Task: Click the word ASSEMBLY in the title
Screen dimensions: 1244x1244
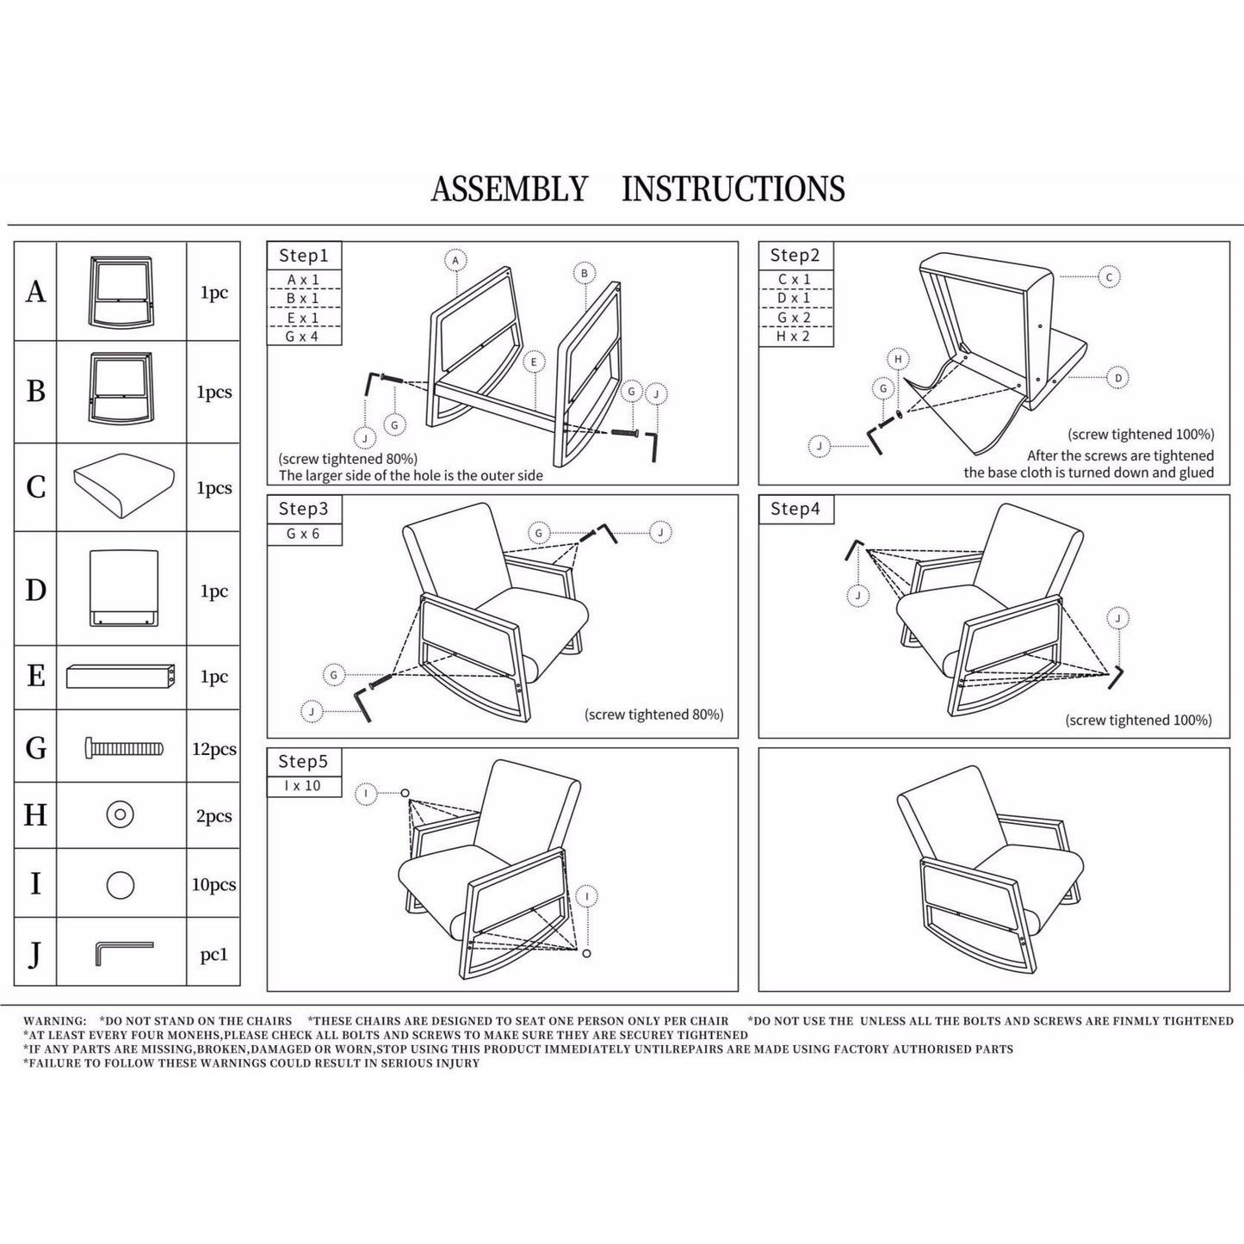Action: click(509, 189)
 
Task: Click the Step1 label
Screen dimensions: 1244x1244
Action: click(303, 256)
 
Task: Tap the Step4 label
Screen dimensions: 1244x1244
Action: click(795, 509)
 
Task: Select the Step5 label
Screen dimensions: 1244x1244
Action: click(303, 762)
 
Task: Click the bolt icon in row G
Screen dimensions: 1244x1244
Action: click(124, 748)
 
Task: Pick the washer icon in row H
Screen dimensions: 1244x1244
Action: click(120, 814)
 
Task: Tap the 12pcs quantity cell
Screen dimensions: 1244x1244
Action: click(214, 749)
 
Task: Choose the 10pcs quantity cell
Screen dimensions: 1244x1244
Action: click(214, 884)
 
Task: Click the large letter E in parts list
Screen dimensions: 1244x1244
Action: click(35, 676)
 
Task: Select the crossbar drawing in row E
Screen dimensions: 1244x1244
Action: click(121, 676)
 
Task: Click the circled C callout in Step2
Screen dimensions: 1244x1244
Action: click(1109, 277)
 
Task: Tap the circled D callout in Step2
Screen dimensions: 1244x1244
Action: click(1117, 377)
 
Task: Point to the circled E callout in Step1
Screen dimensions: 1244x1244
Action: click(534, 362)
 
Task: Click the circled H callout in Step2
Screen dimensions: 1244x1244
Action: click(898, 359)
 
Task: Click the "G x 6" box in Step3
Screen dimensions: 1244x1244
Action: click(303, 534)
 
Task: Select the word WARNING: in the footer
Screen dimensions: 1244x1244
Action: click(55, 1021)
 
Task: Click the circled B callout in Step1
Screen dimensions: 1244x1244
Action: click(585, 274)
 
